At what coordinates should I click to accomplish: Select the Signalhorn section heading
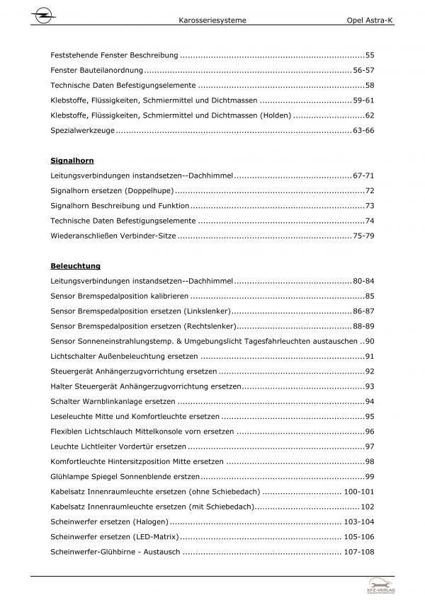[73, 161]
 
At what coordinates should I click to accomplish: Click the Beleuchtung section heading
[76, 266]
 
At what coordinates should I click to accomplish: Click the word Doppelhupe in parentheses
[149, 191]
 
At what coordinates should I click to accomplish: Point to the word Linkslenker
[206, 311]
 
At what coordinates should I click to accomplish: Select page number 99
[368, 477]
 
